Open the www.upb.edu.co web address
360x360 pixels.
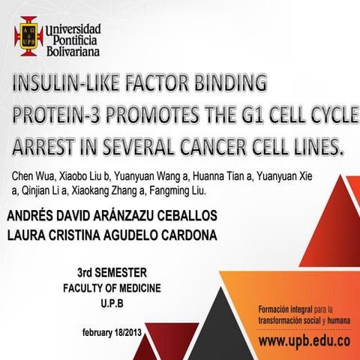304,340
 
